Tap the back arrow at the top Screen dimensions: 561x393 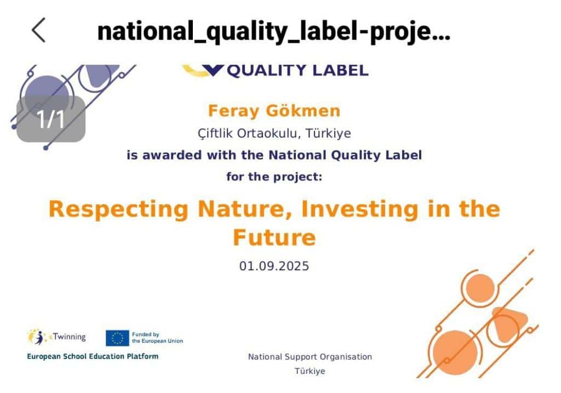pos(39,30)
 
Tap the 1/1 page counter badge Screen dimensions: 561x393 pos(51,119)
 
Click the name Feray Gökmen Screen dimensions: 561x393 pos(274,111)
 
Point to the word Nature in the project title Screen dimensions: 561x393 pos(245,209)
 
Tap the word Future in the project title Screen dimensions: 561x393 pos(274,238)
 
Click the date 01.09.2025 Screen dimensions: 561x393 pos(274,266)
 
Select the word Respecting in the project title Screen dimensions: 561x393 pos(118,210)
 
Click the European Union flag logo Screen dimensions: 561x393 pos(117,338)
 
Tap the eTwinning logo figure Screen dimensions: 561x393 pos(37,337)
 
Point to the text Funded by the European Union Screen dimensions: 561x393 pos(157,338)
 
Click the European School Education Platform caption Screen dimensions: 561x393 pos(93,356)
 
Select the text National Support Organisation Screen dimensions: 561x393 pos(310,357)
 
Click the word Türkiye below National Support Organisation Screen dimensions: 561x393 pos(310,371)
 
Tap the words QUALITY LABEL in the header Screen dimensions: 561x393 pos(297,71)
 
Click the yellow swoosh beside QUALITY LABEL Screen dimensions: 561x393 pos(196,71)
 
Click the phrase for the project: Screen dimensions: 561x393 pos(274,177)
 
